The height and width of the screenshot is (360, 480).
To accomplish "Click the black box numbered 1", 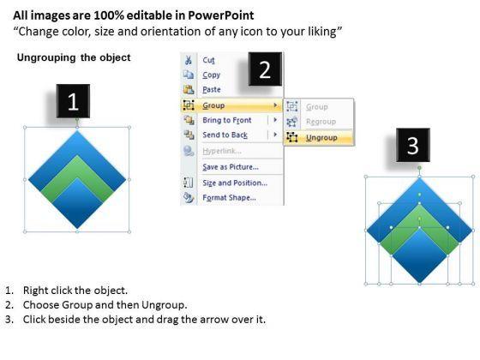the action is (73, 101).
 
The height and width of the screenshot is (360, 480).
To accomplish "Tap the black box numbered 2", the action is (265, 69).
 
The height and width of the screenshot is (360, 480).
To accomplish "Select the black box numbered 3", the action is (413, 145).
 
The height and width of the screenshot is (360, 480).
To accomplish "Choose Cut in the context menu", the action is (209, 60).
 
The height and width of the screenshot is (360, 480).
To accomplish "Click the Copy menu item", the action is (211, 75).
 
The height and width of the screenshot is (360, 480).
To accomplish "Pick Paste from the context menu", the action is (212, 89).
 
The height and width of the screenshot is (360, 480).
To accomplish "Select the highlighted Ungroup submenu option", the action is (321, 138).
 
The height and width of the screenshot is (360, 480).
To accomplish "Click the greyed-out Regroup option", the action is (321, 122).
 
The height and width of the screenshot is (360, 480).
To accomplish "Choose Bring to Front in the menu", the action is (227, 120).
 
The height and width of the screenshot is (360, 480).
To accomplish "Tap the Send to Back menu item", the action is (225, 135).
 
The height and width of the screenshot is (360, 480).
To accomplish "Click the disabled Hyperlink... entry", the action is (222, 151).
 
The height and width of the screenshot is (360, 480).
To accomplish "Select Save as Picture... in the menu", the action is (231, 167).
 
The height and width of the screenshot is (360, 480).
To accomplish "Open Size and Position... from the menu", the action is (235, 183).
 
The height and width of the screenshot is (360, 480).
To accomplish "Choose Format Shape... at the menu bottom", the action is (230, 198).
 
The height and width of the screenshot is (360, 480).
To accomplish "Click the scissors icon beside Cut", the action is (189, 60).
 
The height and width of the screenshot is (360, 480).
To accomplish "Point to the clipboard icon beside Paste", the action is (189, 89).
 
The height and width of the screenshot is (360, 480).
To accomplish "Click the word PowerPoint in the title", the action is (220, 15).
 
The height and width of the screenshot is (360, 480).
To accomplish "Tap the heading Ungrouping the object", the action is (74, 57).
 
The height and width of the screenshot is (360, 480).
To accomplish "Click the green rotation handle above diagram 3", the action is (419, 168).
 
